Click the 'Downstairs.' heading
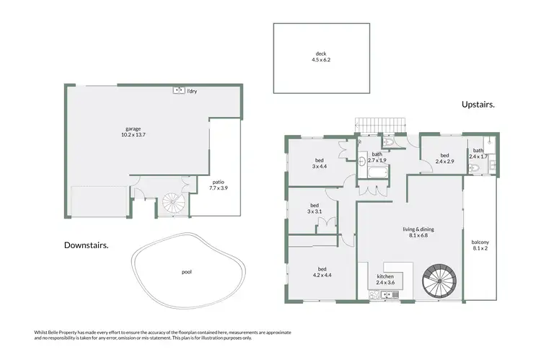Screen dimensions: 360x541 [x=86, y=245]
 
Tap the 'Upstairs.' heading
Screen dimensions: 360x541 [x=478, y=105]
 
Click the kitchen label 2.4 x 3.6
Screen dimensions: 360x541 [x=386, y=280]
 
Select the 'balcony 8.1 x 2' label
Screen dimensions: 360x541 [x=480, y=245]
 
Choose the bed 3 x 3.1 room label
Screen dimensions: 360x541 [x=314, y=208]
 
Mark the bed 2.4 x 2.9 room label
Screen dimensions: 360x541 [x=444, y=158]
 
